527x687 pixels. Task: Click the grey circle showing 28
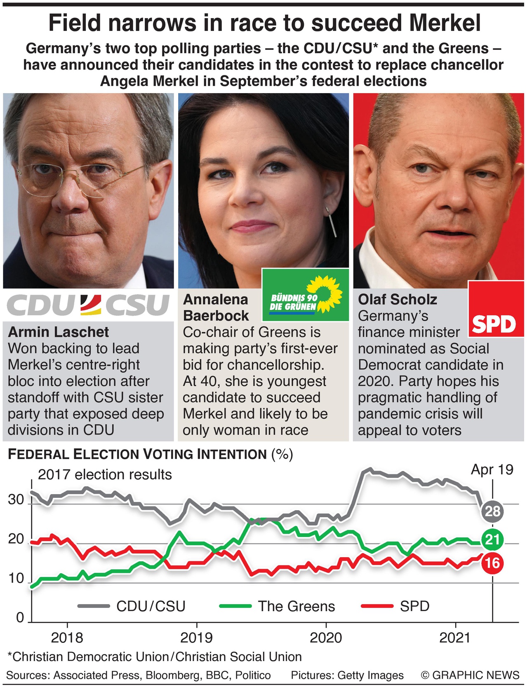492,511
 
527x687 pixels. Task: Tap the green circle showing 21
492,539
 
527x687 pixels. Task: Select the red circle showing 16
492,563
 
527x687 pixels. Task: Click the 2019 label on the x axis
197,638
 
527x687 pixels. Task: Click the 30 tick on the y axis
16,500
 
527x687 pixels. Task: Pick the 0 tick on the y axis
20,617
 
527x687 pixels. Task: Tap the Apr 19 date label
492,469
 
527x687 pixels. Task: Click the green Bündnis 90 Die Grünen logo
306,295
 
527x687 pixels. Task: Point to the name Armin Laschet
58,332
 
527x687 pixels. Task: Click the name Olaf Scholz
398,299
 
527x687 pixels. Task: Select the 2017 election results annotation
105,475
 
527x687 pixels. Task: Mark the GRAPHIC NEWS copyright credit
470,675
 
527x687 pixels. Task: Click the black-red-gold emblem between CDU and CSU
90,305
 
